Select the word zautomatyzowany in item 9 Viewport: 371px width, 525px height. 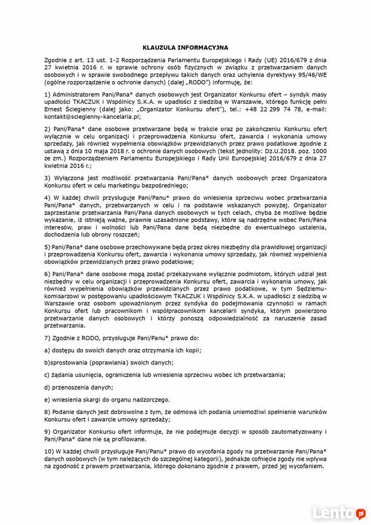[x=287, y=431]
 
